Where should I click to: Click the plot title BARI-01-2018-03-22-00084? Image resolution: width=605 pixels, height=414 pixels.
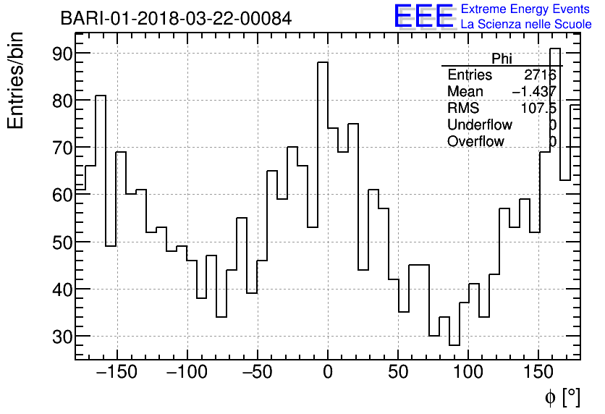pos(176,19)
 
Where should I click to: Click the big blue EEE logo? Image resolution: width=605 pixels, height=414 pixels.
pos(423,16)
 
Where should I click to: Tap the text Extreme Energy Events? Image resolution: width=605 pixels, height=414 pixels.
pos(526,9)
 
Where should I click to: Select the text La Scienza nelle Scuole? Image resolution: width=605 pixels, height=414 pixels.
pos(526,25)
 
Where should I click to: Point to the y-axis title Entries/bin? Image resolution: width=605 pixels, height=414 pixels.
pos(16,81)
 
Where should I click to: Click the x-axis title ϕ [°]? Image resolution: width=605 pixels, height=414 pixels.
pos(562,397)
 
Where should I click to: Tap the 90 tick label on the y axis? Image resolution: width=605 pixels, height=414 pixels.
pos(53,54)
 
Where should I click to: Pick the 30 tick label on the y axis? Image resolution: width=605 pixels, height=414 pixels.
pos(53,337)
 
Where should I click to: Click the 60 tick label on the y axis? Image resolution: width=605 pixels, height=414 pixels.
pos(53,195)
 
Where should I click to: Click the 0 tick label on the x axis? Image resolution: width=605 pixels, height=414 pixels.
pos(328,373)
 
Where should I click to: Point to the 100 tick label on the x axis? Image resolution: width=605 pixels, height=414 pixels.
pos(469,373)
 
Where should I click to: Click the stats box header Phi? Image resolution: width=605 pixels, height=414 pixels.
pos(502,59)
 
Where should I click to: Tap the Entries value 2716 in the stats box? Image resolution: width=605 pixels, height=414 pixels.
pos(540,75)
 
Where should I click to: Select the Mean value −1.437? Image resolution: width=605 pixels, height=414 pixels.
pos(534,91)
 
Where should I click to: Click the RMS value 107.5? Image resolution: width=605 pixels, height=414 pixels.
pos(538,108)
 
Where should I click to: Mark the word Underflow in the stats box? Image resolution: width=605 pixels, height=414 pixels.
pos(479,125)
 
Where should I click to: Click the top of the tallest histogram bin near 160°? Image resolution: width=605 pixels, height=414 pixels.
pos(555,48)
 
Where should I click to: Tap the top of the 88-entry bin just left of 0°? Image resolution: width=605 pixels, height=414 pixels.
pos(323,62)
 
